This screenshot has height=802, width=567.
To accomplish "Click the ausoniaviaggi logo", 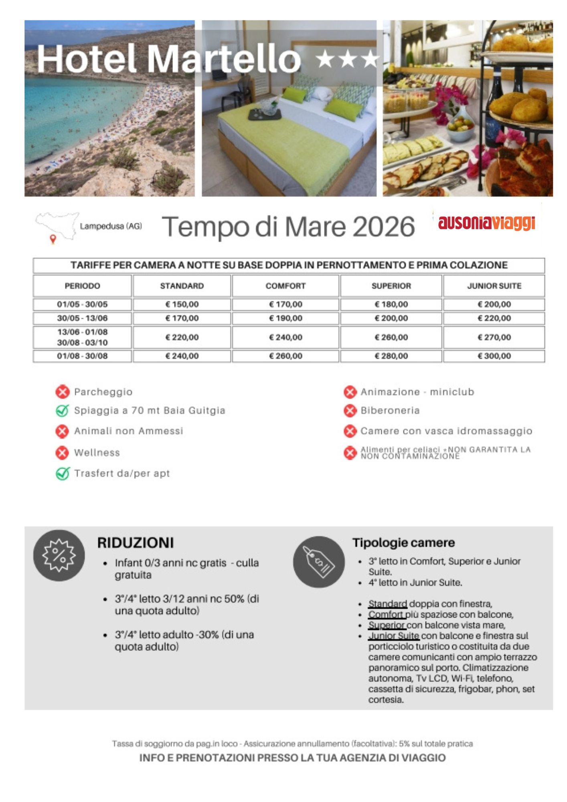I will [x=486, y=223].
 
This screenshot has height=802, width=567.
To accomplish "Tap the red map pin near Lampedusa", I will [x=53, y=239].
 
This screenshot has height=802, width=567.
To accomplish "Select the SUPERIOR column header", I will [x=391, y=286].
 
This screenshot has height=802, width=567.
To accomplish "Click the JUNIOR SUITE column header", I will [x=494, y=286].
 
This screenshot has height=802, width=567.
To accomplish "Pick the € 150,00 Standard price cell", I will [x=182, y=304].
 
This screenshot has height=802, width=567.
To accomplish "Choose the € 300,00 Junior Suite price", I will [x=494, y=356].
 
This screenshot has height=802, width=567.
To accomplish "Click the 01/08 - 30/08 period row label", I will [x=82, y=356].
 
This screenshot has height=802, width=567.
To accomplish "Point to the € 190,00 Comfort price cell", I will [x=286, y=318].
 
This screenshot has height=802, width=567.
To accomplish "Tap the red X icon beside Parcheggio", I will [x=63, y=392].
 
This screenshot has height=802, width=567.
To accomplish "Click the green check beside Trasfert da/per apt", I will [x=63, y=474].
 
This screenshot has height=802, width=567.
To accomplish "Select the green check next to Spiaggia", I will [x=63, y=411].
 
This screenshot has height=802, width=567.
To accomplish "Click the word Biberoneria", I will [x=390, y=411].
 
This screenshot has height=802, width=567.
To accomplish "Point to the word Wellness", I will [x=97, y=453].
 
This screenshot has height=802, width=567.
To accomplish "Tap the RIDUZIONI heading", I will [x=136, y=543].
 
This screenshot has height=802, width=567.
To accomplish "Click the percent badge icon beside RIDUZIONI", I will [x=59, y=555].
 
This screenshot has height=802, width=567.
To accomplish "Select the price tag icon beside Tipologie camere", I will [x=319, y=562].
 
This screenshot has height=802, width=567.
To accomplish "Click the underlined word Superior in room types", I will [x=387, y=625].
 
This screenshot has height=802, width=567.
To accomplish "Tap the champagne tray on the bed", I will [x=265, y=111].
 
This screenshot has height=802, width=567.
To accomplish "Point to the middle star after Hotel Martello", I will [x=347, y=60].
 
